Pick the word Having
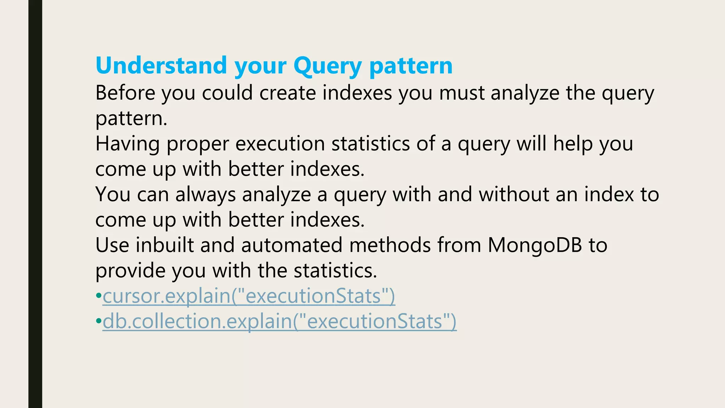pos(127,144)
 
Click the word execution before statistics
pos(280,144)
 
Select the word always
pos(205,194)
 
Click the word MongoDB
pos(535,245)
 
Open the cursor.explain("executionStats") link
pos(249,296)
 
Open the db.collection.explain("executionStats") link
pos(279,322)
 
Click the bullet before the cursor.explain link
pos(98,296)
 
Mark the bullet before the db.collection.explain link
pos(98,322)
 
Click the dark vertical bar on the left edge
pos(35,204)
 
